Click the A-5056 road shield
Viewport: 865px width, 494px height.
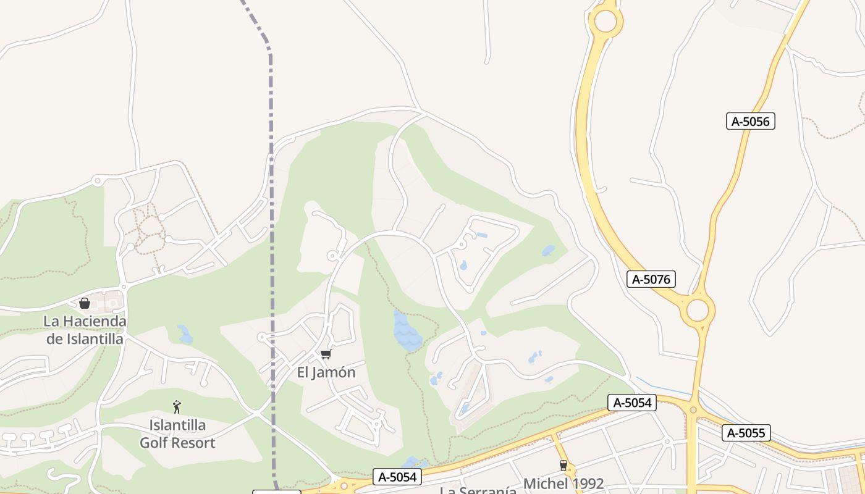pyautogui.click(x=750, y=121)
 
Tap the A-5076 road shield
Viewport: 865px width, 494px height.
pyautogui.click(x=651, y=279)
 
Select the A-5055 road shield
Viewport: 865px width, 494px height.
pyautogui.click(x=746, y=433)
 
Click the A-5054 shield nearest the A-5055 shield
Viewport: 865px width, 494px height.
pyautogui.click(x=632, y=403)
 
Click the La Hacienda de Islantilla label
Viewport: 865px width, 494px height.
pyautogui.click(x=85, y=330)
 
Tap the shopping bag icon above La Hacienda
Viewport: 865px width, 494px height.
pyautogui.click(x=85, y=303)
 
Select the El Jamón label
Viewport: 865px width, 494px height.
pyautogui.click(x=326, y=372)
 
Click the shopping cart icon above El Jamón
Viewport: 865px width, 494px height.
pyautogui.click(x=326, y=354)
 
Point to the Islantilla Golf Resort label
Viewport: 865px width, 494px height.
pyautogui.click(x=177, y=434)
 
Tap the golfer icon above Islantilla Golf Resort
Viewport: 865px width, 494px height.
pyautogui.click(x=177, y=407)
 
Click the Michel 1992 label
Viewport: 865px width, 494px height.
pyautogui.click(x=563, y=483)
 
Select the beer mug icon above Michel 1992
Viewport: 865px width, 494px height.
pyautogui.click(x=563, y=466)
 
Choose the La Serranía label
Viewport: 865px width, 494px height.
pyautogui.click(x=478, y=490)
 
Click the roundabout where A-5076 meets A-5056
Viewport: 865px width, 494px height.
pyautogui.click(x=698, y=310)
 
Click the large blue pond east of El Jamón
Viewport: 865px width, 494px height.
pyautogui.click(x=407, y=332)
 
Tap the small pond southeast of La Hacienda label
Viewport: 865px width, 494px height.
pyautogui.click(x=185, y=334)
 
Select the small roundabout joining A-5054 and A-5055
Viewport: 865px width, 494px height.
pyautogui.click(x=693, y=409)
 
